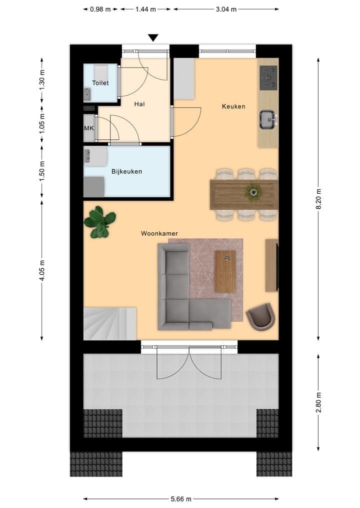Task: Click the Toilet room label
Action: tap(100, 83)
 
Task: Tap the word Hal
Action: tap(139, 104)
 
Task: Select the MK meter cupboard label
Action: tap(88, 128)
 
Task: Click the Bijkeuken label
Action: tap(126, 171)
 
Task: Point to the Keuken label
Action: tap(233, 106)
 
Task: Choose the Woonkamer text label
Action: tap(159, 233)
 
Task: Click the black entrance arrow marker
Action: tap(153, 38)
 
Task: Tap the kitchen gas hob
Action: tap(268, 78)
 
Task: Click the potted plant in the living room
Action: tap(100, 221)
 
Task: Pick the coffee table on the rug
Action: tap(225, 271)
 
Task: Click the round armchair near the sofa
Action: tap(260, 316)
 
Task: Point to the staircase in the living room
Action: tap(109, 323)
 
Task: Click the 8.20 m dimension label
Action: tap(318, 198)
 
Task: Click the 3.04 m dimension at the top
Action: tap(226, 9)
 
